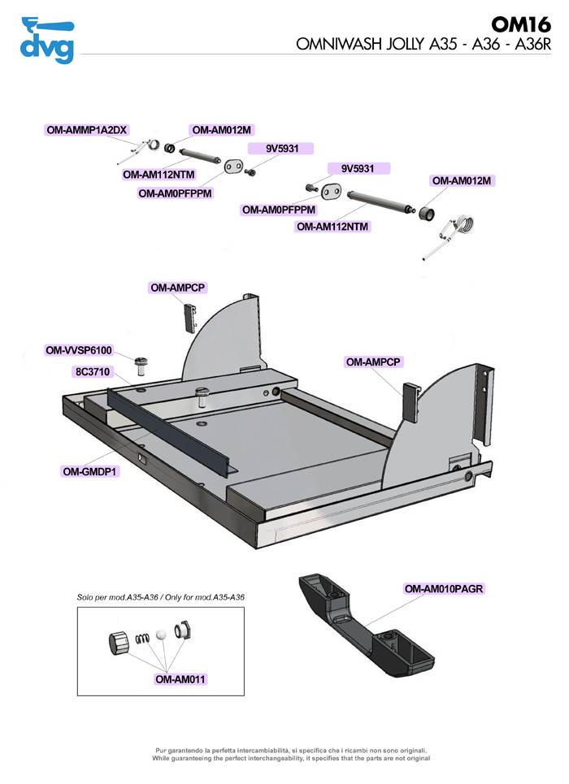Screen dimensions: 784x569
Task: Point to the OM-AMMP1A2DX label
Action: [x=87, y=130]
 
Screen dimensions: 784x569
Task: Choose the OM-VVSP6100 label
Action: [x=79, y=350]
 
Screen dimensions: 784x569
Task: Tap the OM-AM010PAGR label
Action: [x=445, y=588]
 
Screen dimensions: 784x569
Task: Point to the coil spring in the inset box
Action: [x=143, y=638]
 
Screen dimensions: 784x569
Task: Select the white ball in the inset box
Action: [x=162, y=633]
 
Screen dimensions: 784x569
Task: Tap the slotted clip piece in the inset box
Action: [x=182, y=630]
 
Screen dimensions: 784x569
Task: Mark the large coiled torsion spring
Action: [x=463, y=224]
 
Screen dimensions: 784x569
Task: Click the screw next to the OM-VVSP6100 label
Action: [x=140, y=363]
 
